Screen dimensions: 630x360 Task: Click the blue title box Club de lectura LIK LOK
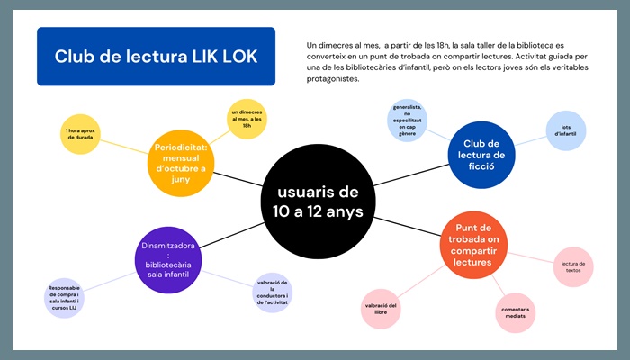click(x=156, y=56)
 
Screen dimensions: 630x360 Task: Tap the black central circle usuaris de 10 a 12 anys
click(x=318, y=202)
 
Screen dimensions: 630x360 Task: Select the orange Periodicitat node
click(x=181, y=163)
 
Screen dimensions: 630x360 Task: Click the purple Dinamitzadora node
click(x=168, y=260)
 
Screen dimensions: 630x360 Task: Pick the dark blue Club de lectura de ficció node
click(x=481, y=155)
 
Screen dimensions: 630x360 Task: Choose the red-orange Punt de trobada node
click(x=473, y=245)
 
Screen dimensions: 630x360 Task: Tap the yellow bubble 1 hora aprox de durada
click(x=80, y=134)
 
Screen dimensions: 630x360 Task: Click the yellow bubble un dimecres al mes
click(x=247, y=119)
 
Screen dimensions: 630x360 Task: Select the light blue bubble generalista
click(x=407, y=121)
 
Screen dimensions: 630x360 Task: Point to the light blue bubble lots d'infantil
click(x=566, y=130)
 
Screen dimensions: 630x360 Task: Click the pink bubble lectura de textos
click(x=573, y=266)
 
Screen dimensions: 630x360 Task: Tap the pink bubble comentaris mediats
click(x=516, y=312)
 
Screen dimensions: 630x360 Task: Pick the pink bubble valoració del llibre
click(x=381, y=309)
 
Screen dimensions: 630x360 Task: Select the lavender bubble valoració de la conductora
click(x=273, y=292)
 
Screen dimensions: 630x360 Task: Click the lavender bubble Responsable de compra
click(x=64, y=298)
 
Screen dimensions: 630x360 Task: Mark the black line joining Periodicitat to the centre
click(x=238, y=179)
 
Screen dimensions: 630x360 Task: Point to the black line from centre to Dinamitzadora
click(x=232, y=236)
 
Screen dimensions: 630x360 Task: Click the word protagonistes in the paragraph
click(x=333, y=79)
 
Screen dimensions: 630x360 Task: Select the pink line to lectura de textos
click(x=531, y=258)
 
